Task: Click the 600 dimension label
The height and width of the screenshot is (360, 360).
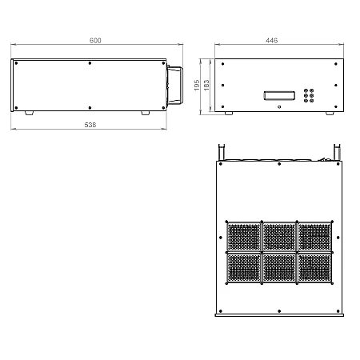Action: (x=95, y=40)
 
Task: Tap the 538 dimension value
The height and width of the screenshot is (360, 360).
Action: (x=90, y=125)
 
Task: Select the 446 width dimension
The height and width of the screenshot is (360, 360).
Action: (x=271, y=40)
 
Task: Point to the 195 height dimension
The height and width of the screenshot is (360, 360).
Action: (x=197, y=85)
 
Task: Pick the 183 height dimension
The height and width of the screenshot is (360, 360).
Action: (x=206, y=85)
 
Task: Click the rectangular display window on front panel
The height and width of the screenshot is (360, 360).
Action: (x=279, y=96)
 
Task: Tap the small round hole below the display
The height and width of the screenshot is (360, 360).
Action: (x=279, y=107)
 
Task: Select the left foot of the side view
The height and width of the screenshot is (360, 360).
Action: (x=30, y=114)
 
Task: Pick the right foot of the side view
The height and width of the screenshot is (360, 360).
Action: (x=146, y=114)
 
